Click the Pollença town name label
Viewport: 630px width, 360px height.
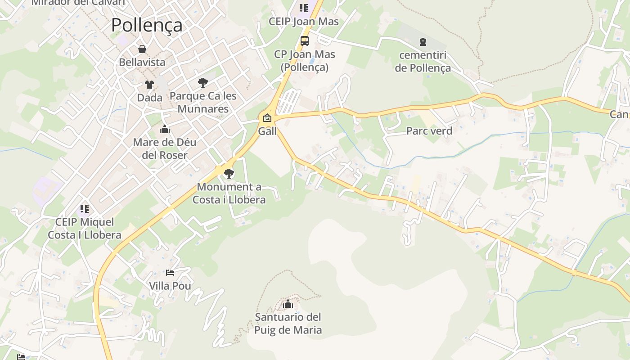tap(147, 25)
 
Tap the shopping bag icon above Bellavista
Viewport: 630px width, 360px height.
tap(142, 49)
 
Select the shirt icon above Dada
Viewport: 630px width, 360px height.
tap(149, 84)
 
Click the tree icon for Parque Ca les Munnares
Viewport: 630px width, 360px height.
tap(203, 82)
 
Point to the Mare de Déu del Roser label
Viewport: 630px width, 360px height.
tap(164, 149)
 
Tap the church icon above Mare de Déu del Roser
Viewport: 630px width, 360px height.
tap(165, 130)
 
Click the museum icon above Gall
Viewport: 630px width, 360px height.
tap(267, 118)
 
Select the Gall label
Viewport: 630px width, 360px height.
tap(267, 131)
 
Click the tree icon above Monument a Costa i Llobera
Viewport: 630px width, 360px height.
tap(229, 173)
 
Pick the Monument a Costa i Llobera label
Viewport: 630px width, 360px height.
tap(229, 193)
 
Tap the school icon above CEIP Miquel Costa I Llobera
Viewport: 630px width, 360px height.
tap(85, 209)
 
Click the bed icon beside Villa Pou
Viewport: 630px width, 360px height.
tap(170, 273)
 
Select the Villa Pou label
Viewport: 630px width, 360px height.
tap(170, 286)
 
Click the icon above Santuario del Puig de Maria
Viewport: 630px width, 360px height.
tap(288, 304)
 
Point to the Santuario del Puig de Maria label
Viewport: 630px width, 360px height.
tap(288, 324)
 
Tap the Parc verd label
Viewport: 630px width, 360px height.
tap(429, 131)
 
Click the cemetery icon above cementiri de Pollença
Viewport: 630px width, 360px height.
tap(423, 42)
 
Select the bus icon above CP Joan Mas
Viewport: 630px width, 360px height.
tap(305, 41)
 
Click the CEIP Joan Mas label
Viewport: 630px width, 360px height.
tap(304, 21)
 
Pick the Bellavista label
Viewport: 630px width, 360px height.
tap(142, 62)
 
